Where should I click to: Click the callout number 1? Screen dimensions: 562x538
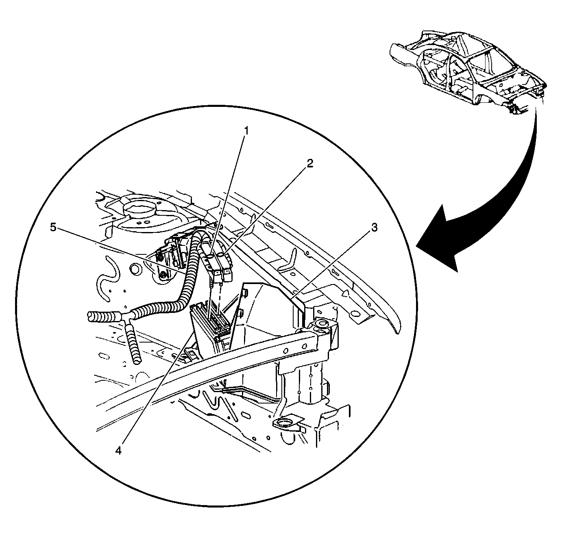(x=246, y=131)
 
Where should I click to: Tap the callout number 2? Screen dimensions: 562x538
(x=309, y=164)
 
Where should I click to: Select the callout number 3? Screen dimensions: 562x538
(x=375, y=228)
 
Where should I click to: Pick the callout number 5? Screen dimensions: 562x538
(x=53, y=227)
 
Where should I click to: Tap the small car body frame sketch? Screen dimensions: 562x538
(x=468, y=72)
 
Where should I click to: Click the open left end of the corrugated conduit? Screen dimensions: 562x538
(x=90, y=316)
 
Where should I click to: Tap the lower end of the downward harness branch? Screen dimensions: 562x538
(x=137, y=360)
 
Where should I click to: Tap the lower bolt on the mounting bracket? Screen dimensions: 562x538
(x=164, y=276)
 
